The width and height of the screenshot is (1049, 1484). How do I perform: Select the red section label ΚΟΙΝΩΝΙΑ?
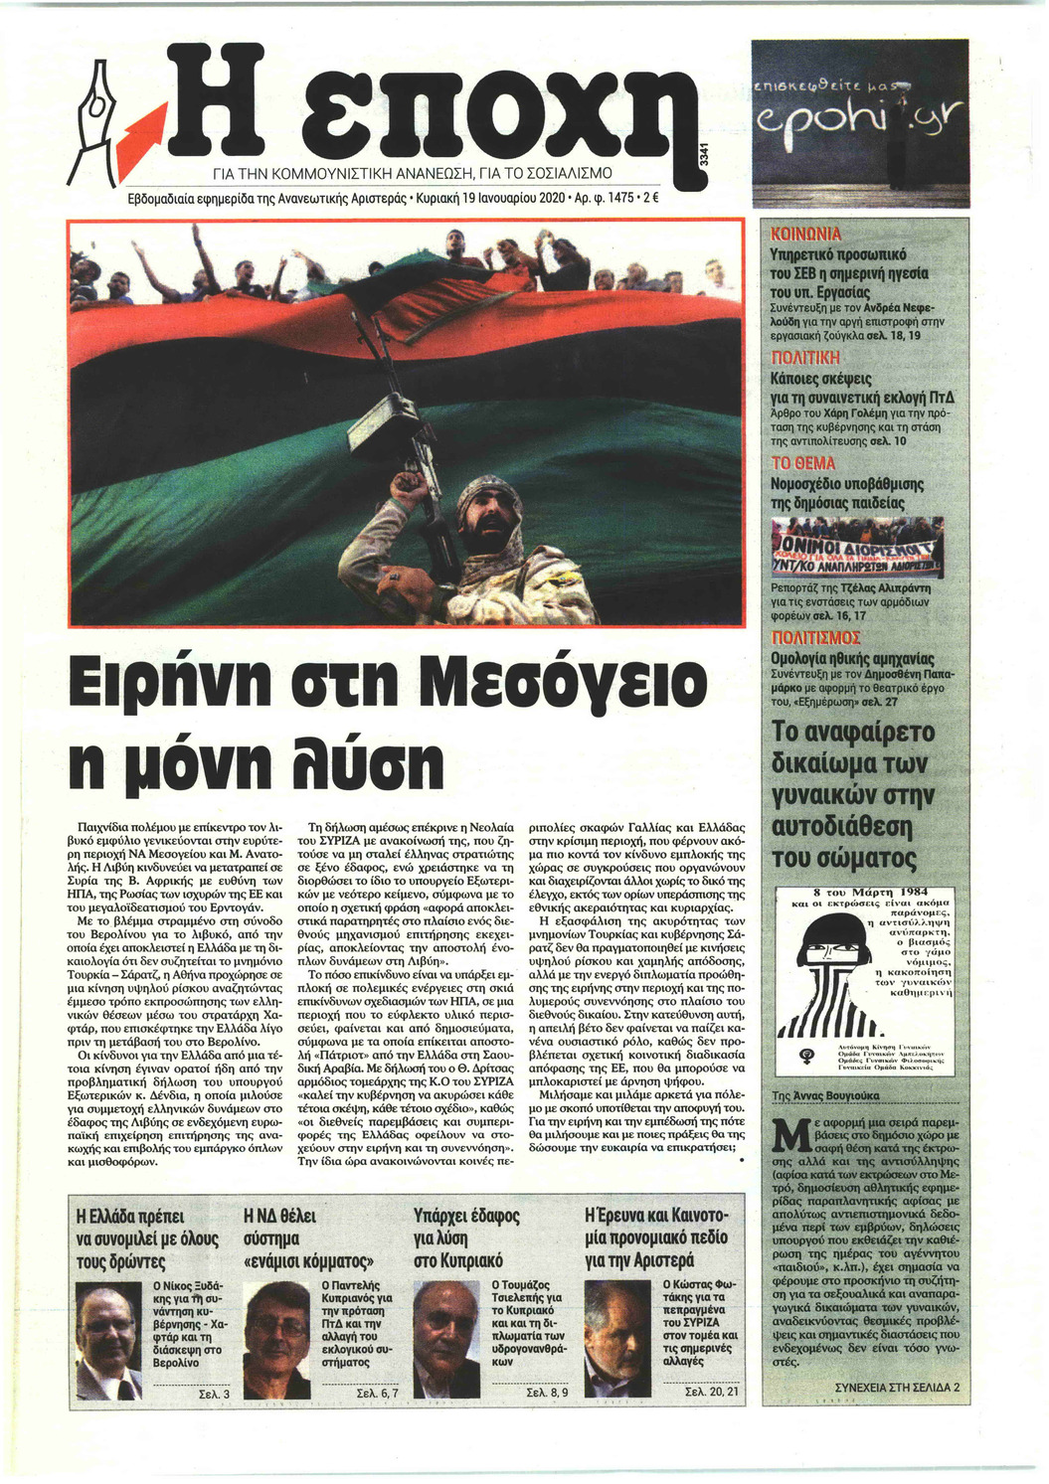point(807,235)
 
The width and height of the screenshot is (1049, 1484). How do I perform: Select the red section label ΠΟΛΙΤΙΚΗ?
point(806,358)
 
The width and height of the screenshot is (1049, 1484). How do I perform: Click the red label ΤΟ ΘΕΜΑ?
point(804,463)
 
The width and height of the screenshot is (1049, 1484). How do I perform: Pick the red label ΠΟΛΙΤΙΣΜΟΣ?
point(816,637)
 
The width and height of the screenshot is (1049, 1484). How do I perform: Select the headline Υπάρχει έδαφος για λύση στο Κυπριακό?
point(467,1237)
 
